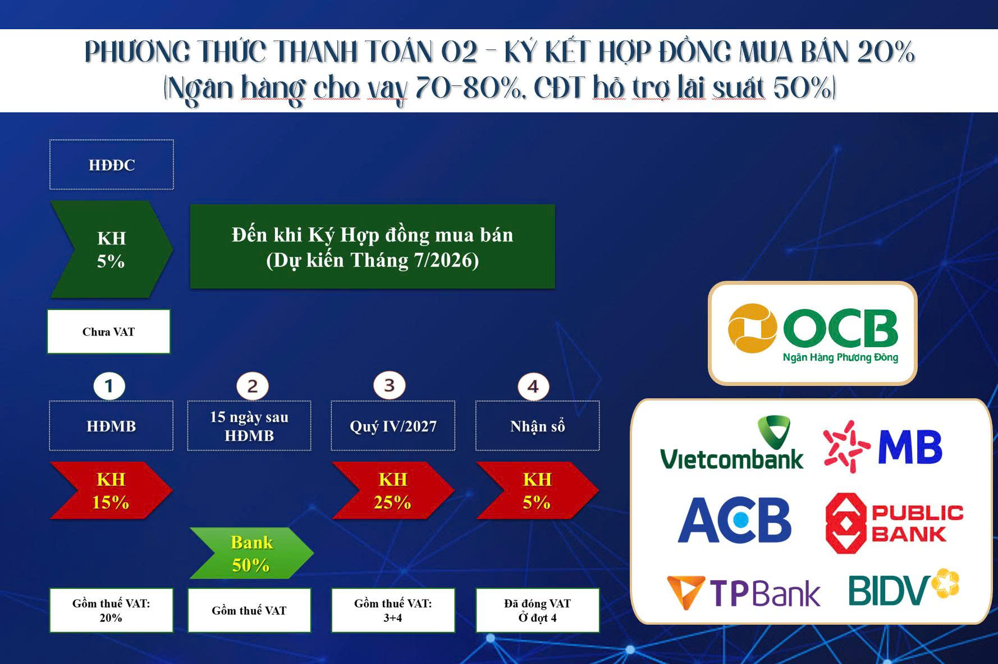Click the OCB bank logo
tap(813, 333)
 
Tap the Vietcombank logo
tap(732, 443)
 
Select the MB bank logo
tap(883, 447)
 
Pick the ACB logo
tap(734, 520)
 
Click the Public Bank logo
tap(894, 523)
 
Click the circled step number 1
tap(109, 386)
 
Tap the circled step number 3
tap(390, 385)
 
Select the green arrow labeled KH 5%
tap(111, 249)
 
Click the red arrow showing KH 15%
tap(111, 490)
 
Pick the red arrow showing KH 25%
tap(393, 490)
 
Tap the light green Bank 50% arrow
tap(251, 553)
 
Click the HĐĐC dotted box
tap(112, 165)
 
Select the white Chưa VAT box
tap(108, 331)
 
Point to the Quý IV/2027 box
tap(393, 426)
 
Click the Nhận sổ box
tap(538, 426)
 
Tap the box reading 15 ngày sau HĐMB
tap(249, 426)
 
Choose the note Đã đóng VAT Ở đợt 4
tap(538, 611)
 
